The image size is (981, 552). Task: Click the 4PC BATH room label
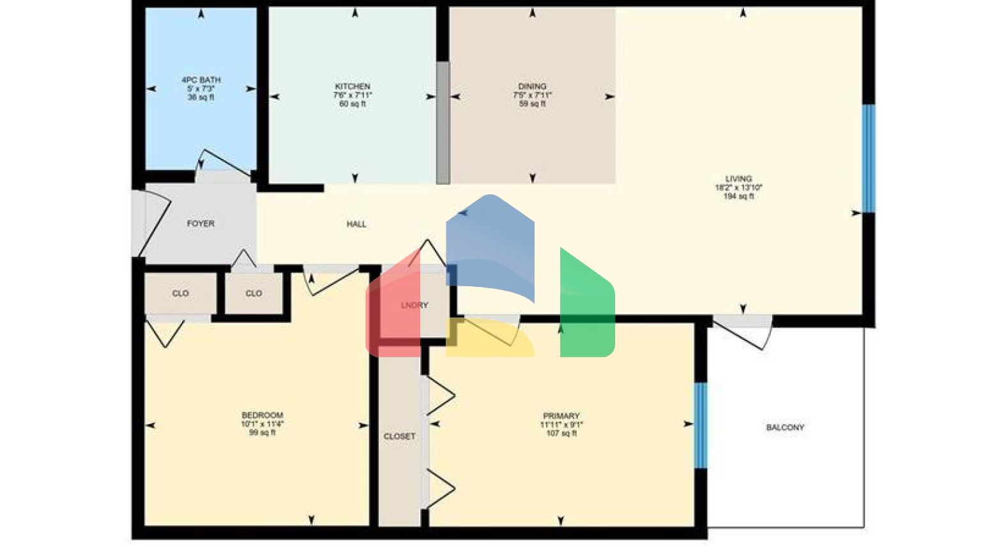pos(201,80)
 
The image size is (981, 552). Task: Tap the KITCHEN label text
pos(353,86)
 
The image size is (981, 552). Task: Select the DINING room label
pos(532,86)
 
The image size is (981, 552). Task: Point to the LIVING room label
pos(738,179)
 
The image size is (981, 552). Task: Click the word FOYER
pos(201,224)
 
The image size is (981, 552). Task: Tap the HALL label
pos(356,224)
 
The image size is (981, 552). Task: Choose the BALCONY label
pos(785,427)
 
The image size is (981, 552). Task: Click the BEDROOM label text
pos(262,415)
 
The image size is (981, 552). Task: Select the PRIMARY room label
pos(561,416)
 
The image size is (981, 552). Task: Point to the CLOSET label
pos(400,436)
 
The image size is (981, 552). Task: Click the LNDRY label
pos(414,305)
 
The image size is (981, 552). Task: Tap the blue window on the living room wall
pos(869,158)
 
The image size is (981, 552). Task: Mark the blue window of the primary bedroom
pos(701,425)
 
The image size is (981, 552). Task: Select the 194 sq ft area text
pos(738,197)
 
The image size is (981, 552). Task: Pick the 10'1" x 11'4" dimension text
pos(262,424)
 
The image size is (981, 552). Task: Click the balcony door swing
pos(741,333)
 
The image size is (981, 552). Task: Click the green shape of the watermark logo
pos(587,307)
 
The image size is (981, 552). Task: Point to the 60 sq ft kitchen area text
pos(353,104)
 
